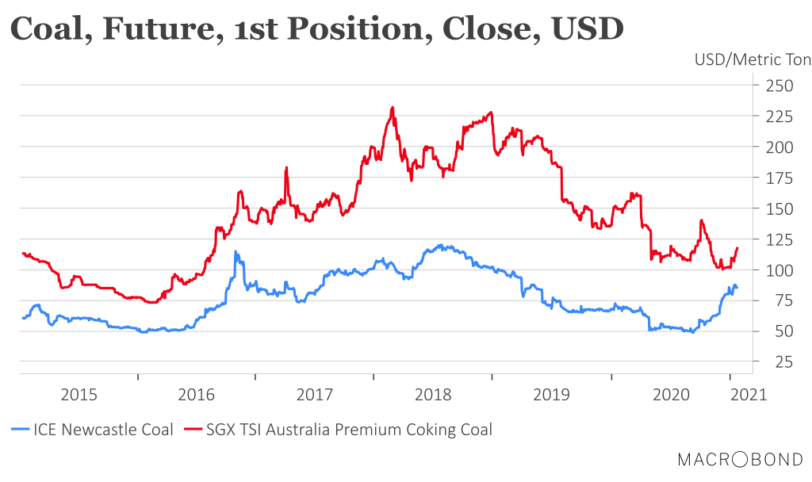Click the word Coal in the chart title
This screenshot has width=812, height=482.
point(47,29)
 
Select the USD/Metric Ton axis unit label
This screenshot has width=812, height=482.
point(753,60)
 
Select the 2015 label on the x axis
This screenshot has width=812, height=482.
point(79,393)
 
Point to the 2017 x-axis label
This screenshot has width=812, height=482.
point(315,393)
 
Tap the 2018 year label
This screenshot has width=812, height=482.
point(433,393)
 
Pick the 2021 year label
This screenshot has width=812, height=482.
point(749,393)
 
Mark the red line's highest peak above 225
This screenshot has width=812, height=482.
point(393,107)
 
